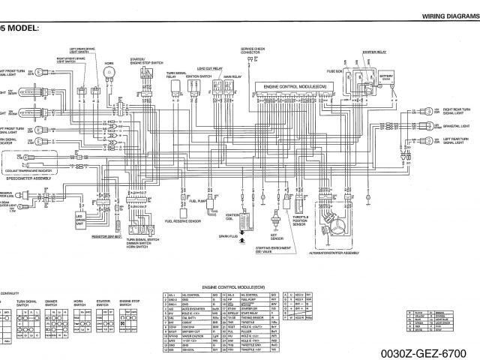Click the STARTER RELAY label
click(x=373, y=52)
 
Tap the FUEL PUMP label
click(x=198, y=201)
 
